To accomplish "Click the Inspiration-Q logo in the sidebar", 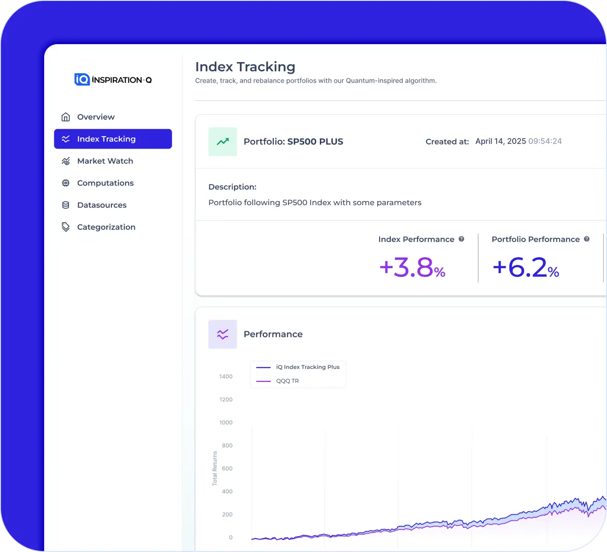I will pos(113,80).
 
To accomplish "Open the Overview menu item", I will pos(95,117).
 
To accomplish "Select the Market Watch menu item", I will pos(104,161).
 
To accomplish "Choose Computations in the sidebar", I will pos(105,183).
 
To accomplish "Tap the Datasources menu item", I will pos(101,205).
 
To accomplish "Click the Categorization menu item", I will pos(106,227).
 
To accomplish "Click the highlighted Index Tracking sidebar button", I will pos(113,139).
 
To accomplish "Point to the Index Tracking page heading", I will pos(245,67).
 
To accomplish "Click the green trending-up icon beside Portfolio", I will pos(223,142).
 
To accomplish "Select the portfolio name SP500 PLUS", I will pos(315,142).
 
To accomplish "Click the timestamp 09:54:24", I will pos(545,141).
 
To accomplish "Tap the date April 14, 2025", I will pos(500,141).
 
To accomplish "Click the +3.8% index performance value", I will pos(412,268).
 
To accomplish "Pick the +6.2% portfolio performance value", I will pos(526,268).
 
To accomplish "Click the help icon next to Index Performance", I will pos(461,239).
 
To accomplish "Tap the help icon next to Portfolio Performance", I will pos(587,239).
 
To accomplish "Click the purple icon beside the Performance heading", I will pos(223,334).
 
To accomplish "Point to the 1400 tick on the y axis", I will pos(226,377).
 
